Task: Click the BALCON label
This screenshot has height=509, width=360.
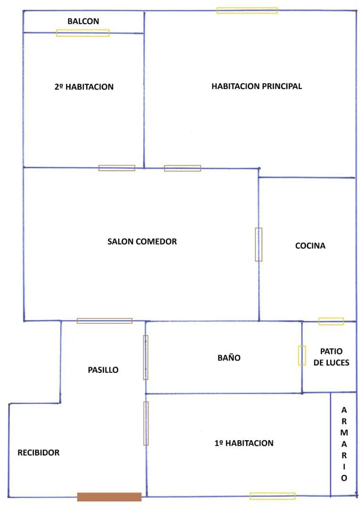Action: pyautogui.click(x=83, y=21)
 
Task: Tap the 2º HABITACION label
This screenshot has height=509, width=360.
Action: pyautogui.click(x=84, y=87)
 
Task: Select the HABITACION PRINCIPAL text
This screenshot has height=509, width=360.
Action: pyautogui.click(x=256, y=86)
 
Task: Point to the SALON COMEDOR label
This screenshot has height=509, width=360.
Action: pyautogui.click(x=142, y=241)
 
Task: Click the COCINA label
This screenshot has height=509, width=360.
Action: pyautogui.click(x=311, y=246)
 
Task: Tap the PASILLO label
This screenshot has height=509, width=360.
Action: pyautogui.click(x=103, y=370)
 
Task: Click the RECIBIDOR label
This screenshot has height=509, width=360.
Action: pyautogui.click(x=39, y=452)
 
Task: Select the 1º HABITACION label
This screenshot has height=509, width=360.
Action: pyautogui.click(x=244, y=443)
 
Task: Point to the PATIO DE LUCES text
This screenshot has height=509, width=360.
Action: pyautogui.click(x=331, y=357)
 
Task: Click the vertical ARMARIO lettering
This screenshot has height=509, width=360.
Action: pyautogui.click(x=344, y=444)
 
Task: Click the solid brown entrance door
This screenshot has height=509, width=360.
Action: pyautogui.click(x=109, y=497)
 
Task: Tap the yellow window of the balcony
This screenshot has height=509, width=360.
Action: pyautogui.click(x=83, y=33)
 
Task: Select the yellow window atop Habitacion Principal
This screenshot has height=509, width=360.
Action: pyautogui.click(x=247, y=10)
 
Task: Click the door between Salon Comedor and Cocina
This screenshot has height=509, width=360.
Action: pyautogui.click(x=258, y=245)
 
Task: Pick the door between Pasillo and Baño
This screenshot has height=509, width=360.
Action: pyautogui.click(x=146, y=357)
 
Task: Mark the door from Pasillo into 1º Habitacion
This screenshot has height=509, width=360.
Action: pyautogui.click(x=146, y=423)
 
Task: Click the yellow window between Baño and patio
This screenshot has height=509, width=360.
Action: pyautogui.click(x=302, y=355)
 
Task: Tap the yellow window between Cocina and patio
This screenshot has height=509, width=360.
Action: pyautogui.click(x=331, y=321)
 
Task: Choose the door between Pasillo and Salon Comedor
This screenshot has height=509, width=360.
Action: pyautogui.click(x=105, y=321)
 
